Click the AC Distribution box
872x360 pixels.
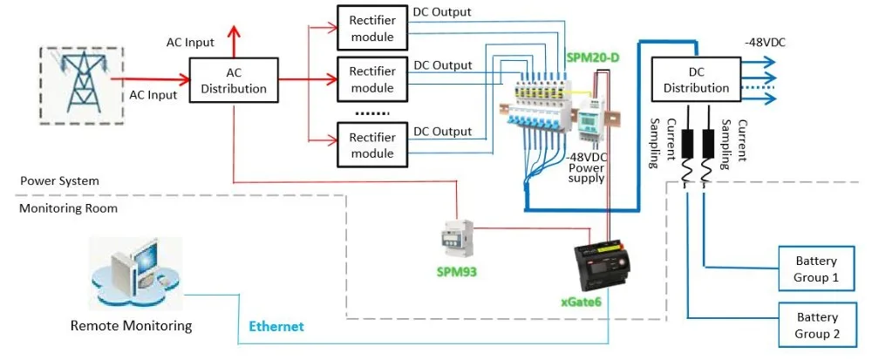234,80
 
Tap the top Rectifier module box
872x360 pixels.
372,29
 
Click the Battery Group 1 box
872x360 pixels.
815,269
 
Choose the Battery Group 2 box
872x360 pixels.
815,325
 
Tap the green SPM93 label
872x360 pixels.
456,271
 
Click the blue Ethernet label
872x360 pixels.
276,326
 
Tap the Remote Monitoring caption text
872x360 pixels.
131,326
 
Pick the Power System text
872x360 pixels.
59,180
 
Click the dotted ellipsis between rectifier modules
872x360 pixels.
372,114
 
